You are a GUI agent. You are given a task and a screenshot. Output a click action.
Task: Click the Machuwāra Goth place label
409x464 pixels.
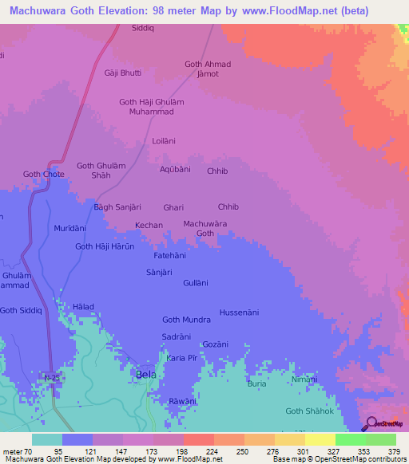click(199, 228)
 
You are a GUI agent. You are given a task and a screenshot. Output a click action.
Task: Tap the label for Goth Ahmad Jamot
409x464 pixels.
click(208, 69)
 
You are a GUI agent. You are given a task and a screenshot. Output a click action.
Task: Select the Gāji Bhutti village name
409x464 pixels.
click(122, 73)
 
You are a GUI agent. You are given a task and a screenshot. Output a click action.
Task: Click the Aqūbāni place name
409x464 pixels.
click(175, 170)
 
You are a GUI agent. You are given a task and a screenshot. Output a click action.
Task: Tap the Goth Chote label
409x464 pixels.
click(43, 174)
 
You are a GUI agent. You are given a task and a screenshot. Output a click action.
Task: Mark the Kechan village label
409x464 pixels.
click(149, 226)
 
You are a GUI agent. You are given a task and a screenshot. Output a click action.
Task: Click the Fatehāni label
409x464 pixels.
click(170, 256)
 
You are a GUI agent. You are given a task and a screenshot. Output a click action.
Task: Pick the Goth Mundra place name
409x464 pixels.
click(186, 320)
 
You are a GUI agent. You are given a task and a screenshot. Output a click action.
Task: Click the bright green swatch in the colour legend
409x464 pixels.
click(351, 439)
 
